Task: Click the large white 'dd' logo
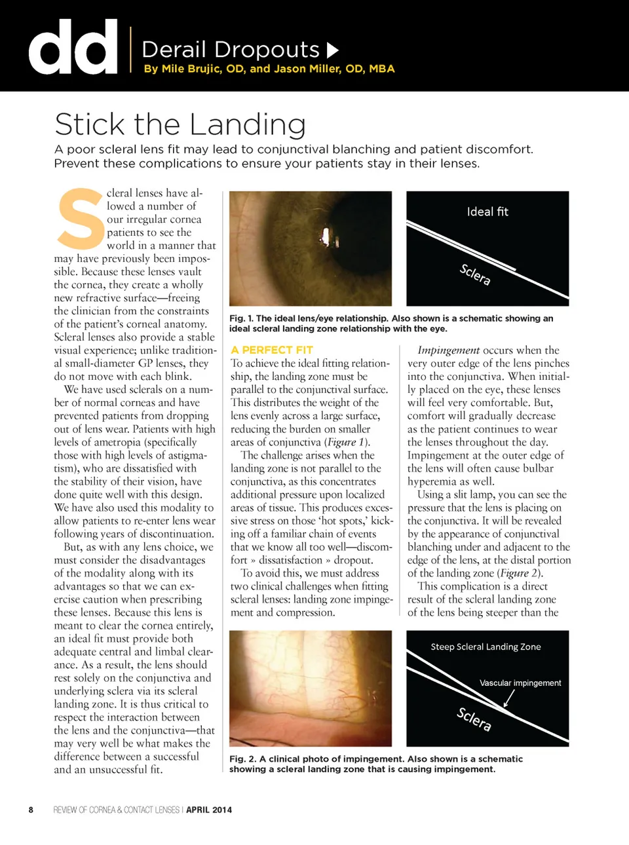(73, 47)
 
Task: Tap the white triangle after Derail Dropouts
(332, 50)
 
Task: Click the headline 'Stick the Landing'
(180, 124)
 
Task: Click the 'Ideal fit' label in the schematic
(487, 212)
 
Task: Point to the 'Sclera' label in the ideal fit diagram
(475, 274)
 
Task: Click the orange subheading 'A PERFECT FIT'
(272, 350)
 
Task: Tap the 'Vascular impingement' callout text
(520, 683)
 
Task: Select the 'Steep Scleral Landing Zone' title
(486, 647)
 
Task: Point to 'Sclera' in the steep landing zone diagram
(474, 719)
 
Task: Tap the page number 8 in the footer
(31, 810)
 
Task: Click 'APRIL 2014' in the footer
(209, 810)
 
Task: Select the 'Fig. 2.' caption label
(242, 759)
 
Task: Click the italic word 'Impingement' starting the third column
(448, 350)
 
